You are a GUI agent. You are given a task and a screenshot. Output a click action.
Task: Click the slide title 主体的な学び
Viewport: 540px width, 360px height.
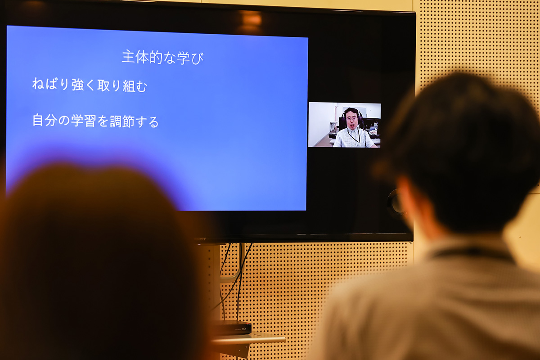[163, 58]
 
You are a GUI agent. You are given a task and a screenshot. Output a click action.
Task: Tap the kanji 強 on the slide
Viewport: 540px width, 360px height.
[77, 85]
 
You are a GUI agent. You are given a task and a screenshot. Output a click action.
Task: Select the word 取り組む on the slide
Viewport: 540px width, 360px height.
[122, 85]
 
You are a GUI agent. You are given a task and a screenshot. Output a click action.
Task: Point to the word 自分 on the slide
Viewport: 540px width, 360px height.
[45, 120]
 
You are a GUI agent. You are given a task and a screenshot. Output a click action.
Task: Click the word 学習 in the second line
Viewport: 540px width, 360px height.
[83, 121]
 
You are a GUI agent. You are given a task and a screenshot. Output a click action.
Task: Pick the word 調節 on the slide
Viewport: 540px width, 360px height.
[122, 121]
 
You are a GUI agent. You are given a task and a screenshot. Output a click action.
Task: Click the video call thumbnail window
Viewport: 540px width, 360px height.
[345, 125]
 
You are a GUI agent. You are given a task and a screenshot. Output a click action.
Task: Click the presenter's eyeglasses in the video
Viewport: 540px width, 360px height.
[351, 118]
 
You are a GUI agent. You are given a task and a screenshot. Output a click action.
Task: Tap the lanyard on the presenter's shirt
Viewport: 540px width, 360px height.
[355, 137]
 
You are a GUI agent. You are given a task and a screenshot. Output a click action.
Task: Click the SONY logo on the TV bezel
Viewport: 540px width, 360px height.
[200, 238]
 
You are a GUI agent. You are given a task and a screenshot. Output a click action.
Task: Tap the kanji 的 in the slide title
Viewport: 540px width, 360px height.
[156, 58]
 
